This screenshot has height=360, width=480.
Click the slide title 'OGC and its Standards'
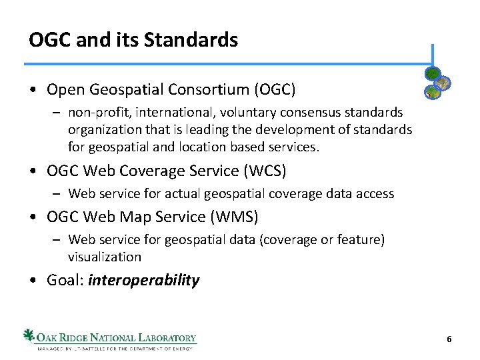[133, 40]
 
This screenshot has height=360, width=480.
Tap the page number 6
[449, 339]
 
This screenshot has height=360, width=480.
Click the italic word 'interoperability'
[143, 280]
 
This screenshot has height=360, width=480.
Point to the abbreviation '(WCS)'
[264, 171]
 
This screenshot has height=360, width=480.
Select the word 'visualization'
[105, 257]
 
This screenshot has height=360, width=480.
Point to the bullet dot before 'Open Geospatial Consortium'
[33, 89]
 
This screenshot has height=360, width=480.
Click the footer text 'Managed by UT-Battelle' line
[114, 348]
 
